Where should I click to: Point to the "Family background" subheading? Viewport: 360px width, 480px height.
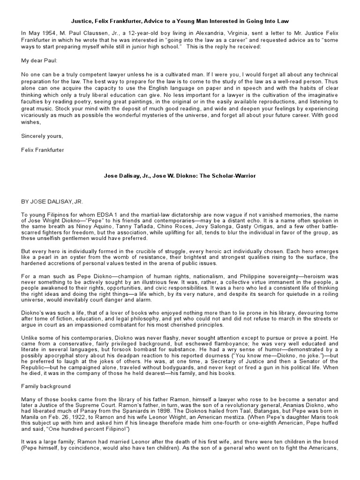pyautogui.click(x=45, y=386)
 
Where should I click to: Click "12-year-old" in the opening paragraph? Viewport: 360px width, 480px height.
pyautogui.click(x=123, y=33)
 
